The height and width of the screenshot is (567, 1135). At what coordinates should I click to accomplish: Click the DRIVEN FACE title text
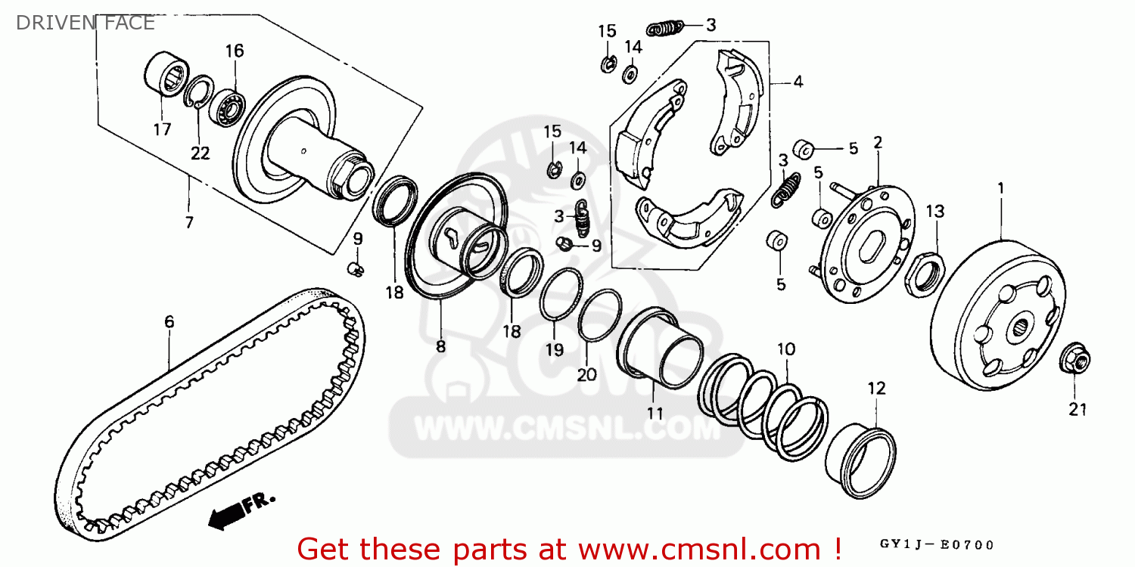(85, 23)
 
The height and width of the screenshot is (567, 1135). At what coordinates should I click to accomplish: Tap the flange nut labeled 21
(1074, 359)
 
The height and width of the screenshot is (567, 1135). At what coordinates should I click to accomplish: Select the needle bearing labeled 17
(166, 73)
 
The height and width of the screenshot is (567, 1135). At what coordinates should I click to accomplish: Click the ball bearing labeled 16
(227, 108)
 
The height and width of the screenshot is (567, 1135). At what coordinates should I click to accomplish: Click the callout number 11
(655, 413)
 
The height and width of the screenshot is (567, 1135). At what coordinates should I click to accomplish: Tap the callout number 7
(189, 222)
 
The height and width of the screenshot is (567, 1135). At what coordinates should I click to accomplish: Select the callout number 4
(798, 82)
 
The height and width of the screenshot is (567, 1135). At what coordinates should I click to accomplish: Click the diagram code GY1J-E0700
(937, 545)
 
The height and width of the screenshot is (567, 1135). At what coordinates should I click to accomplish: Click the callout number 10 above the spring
(786, 349)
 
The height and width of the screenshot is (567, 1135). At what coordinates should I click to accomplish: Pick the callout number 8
(441, 347)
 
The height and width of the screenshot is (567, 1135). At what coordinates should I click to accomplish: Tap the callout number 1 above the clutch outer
(1001, 189)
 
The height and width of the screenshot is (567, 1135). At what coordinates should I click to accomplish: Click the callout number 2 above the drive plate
(878, 142)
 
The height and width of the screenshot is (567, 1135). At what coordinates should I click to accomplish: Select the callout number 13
(935, 211)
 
